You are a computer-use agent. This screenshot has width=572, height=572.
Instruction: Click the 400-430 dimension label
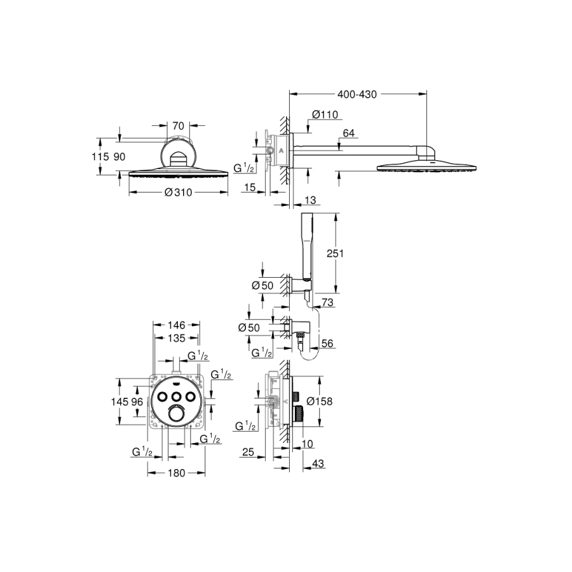[357, 95]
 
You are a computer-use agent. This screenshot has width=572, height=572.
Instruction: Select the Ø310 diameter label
[178, 192]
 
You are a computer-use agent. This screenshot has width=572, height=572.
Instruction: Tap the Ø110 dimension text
[325, 114]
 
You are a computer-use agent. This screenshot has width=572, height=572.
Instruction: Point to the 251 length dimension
[335, 253]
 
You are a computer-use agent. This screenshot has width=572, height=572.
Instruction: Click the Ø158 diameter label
[320, 401]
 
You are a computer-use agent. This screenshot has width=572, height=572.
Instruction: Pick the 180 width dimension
[177, 473]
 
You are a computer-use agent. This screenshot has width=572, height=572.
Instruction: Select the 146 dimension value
[177, 325]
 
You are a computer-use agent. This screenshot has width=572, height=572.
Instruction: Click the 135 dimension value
[177, 338]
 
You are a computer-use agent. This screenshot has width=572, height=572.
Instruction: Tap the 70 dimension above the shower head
[178, 126]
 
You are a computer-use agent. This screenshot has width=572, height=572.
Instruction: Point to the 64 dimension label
[349, 133]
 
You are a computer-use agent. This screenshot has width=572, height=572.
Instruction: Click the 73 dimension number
[328, 303]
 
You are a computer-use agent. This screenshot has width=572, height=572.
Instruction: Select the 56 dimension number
[327, 343]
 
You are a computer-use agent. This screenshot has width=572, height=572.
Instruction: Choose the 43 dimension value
[318, 464]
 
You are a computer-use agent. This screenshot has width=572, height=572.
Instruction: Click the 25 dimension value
[248, 452]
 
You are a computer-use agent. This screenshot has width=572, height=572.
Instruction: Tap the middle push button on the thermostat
[176, 396]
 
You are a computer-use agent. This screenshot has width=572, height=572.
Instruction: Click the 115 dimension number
[100, 156]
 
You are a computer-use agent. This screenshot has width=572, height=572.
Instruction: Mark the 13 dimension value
[310, 200]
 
